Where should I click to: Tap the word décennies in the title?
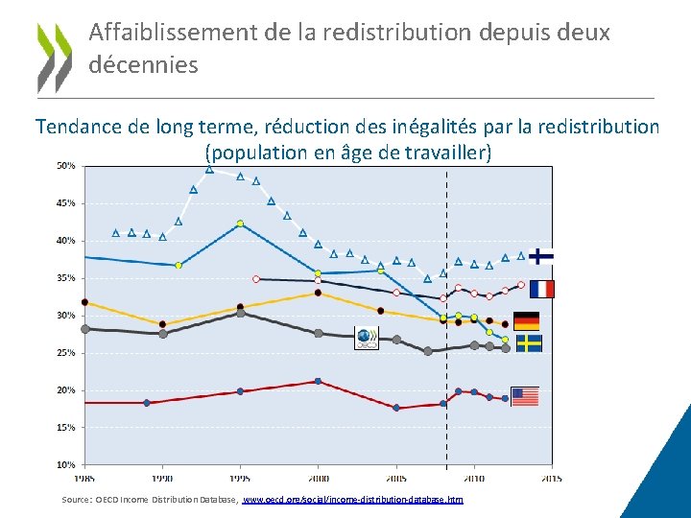pos(143,65)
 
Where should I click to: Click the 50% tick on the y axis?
pos(65,166)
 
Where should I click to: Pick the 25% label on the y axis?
pos(65,353)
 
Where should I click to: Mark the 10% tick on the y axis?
pos(65,465)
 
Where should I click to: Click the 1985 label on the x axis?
pos(84,477)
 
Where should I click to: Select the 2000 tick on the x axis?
pos(318,477)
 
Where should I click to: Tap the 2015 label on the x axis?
pos(551,477)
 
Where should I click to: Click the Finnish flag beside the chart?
pos(541,256)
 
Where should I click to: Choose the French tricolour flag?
pos(541,289)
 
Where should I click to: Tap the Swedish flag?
pos(529,343)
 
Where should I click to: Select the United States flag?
pos(525,396)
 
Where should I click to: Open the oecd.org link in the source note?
pos(352,500)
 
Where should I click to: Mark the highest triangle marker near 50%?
pos(209,169)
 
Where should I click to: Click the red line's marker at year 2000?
pos(318,382)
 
